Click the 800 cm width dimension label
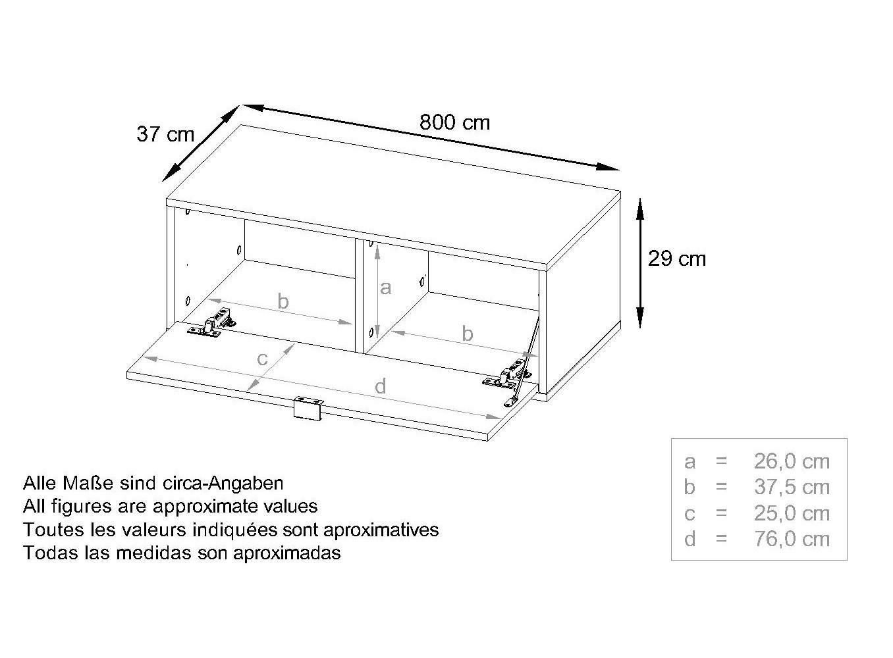tap(454, 122)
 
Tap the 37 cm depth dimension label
tap(165, 134)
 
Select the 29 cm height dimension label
tap(677, 259)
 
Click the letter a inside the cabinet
tap(385, 288)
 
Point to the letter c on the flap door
tap(262, 359)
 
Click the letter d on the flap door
tap(381, 386)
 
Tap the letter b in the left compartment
tap(283, 301)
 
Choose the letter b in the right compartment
tap(467, 333)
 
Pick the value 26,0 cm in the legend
tap(792, 462)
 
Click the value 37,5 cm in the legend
tap(792, 487)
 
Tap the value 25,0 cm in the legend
tap(792, 513)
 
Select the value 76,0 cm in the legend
tap(792, 539)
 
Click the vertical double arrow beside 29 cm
tap(640, 263)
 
